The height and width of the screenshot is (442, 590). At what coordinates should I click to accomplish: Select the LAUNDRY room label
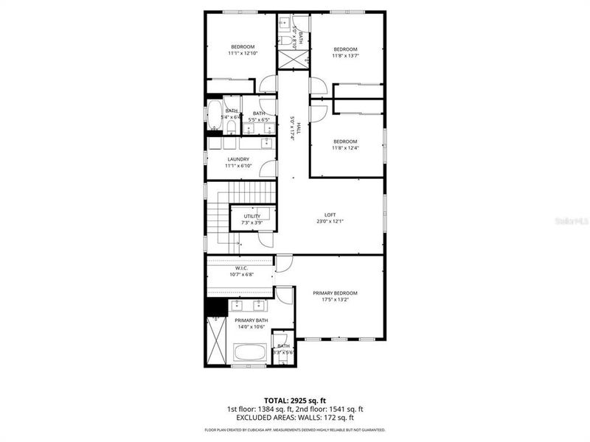pyautogui.click(x=238, y=159)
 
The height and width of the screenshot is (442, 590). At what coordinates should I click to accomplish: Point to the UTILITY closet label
pyautogui.click(x=252, y=216)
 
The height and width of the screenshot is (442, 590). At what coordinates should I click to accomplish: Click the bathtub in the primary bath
pyautogui.click(x=251, y=354)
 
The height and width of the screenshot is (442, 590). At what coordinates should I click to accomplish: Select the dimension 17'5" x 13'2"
pyautogui.click(x=339, y=299)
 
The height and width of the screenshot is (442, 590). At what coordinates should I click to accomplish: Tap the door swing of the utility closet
pyautogui.click(x=266, y=239)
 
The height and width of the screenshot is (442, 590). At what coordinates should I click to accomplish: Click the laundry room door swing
pyautogui.click(x=269, y=169)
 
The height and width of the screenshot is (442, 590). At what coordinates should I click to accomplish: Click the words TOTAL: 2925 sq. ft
pyautogui.click(x=294, y=399)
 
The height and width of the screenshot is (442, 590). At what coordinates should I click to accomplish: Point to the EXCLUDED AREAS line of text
pyautogui.click(x=294, y=418)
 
